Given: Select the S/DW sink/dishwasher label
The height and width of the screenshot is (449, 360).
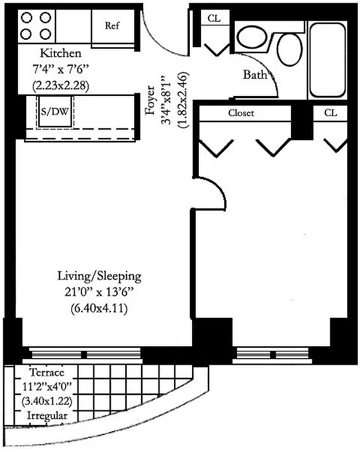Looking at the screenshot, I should click(55, 112).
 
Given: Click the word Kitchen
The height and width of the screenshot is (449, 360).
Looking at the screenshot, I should click(61, 54).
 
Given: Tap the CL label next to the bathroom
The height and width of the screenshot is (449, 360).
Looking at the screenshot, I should click(214, 18).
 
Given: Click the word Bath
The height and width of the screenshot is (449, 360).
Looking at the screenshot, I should click(254, 75).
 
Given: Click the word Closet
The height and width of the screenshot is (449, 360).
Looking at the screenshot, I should click(241, 113).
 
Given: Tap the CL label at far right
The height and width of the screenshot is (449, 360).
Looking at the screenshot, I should click(331, 113).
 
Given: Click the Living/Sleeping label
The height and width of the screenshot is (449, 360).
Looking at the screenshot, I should click(99, 276).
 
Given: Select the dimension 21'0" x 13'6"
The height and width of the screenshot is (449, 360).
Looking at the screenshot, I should click(99, 292).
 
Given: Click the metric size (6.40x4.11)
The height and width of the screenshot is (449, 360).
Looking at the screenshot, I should click(99, 308).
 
